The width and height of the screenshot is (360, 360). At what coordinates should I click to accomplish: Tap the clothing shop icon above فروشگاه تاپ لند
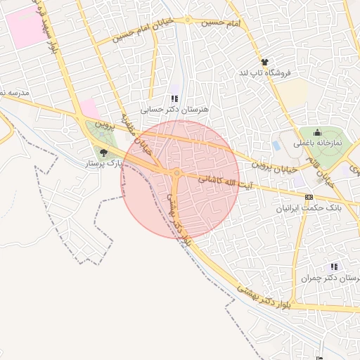pyautogui.click(x=264, y=62)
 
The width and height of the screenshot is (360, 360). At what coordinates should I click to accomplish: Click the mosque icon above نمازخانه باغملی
pyautogui.click(x=317, y=132)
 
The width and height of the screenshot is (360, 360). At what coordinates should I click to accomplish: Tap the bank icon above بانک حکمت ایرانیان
pyautogui.click(x=309, y=198)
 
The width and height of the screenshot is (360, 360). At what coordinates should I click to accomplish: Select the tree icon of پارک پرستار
pyautogui.click(x=104, y=153)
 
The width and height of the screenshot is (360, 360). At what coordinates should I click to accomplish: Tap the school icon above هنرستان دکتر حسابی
pyautogui.click(x=174, y=99)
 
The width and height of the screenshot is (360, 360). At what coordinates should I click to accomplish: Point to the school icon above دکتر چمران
pyautogui.click(x=334, y=266)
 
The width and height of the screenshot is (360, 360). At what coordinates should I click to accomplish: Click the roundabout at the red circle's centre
pyautogui.click(x=178, y=172)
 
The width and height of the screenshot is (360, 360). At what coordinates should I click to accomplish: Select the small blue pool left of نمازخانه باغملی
pyautogui.click(x=276, y=146)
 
